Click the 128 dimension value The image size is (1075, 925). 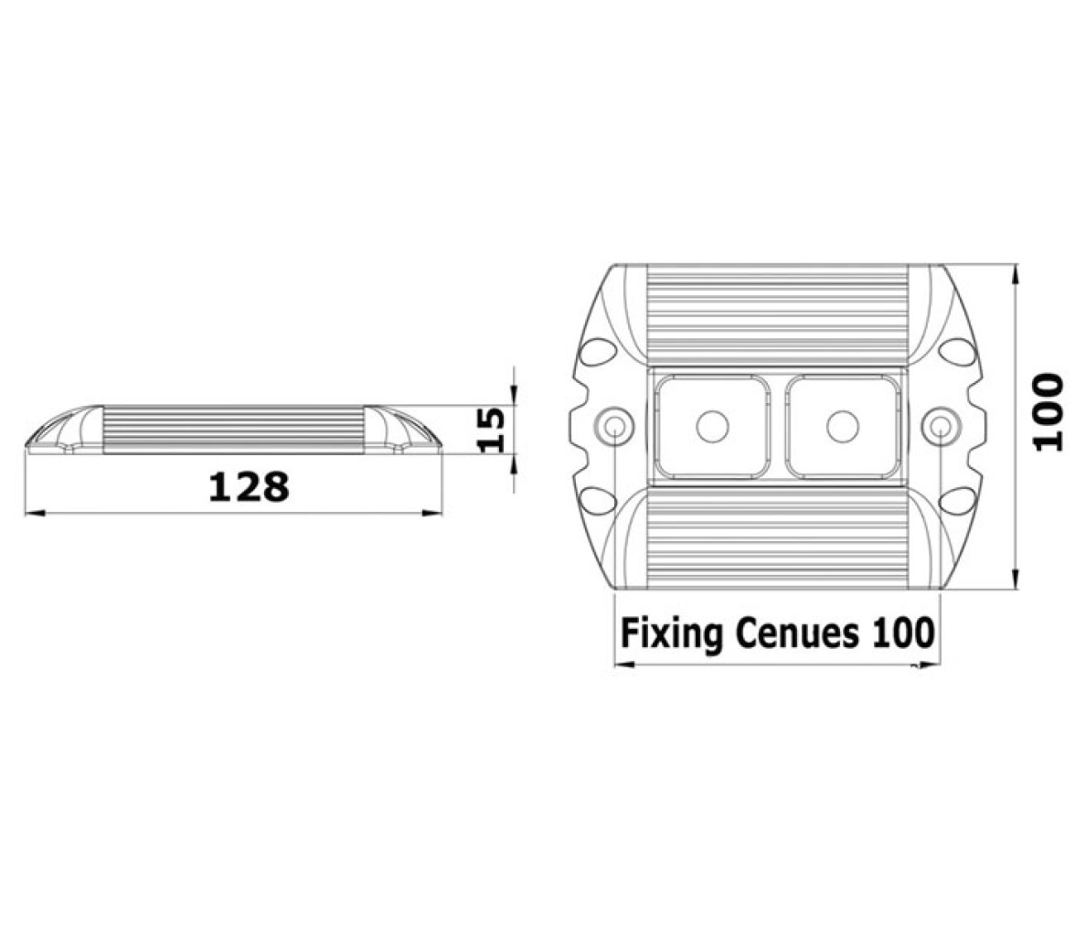click(x=249, y=487)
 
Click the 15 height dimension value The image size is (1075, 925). click(x=491, y=430)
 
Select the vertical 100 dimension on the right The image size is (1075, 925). click(x=1048, y=411)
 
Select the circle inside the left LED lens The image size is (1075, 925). click(x=712, y=426)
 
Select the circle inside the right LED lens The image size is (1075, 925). click(x=843, y=426)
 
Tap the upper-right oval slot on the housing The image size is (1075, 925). click(x=957, y=352)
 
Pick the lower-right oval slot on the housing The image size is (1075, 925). click(x=957, y=501)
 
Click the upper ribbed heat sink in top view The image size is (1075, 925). click(x=777, y=314)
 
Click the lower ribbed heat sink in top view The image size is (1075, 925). click(x=777, y=538)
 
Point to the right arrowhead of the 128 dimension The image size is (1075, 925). click(x=432, y=512)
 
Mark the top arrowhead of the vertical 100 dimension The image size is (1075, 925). click(x=1016, y=274)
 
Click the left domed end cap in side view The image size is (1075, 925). click(x=64, y=430)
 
